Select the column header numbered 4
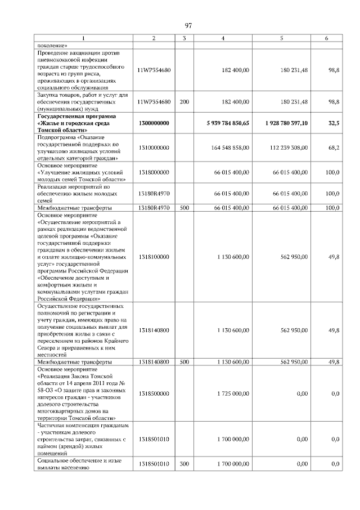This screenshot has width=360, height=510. tap(223, 38)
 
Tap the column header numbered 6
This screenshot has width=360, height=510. tap(326, 38)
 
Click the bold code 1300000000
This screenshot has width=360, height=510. tap(154, 123)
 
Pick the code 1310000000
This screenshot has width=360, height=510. tap(154, 148)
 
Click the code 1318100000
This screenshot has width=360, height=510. tap(154, 257)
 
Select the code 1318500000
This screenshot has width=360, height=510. tap(154, 393)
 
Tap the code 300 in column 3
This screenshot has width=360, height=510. tap(184, 463)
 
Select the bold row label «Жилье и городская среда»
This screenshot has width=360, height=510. tap(73, 123)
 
